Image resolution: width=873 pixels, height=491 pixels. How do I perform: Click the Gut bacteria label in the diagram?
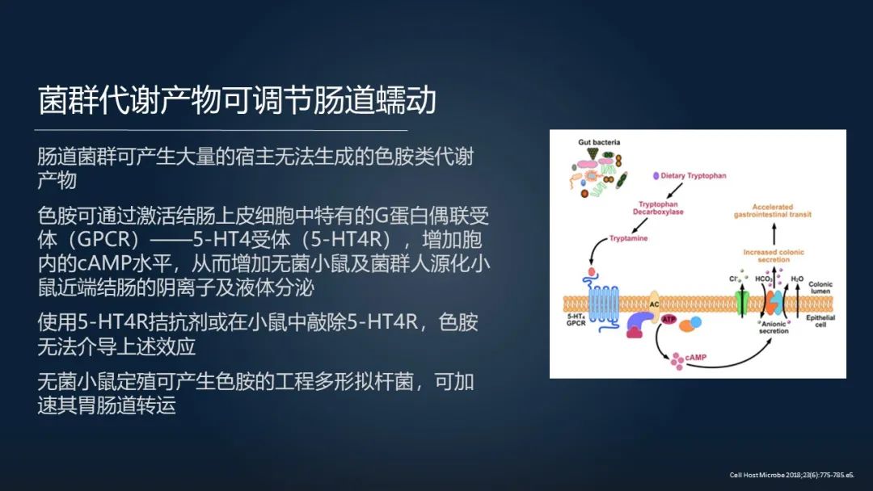point(599,142)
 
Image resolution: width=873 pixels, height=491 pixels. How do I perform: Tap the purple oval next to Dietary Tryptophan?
point(656,175)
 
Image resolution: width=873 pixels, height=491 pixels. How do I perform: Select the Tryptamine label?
point(628,239)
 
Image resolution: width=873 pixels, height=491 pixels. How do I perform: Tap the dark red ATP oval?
point(668,320)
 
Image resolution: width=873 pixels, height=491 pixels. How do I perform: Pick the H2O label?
point(797,279)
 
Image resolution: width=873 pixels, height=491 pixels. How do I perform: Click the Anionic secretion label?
point(774,326)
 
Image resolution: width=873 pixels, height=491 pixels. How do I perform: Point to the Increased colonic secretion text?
point(774,256)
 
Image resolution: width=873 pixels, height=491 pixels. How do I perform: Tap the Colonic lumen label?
point(820,287)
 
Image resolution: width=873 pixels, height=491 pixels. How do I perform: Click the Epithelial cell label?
point(821,321)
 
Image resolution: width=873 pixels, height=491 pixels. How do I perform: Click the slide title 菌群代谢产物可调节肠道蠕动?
point(238,101)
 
